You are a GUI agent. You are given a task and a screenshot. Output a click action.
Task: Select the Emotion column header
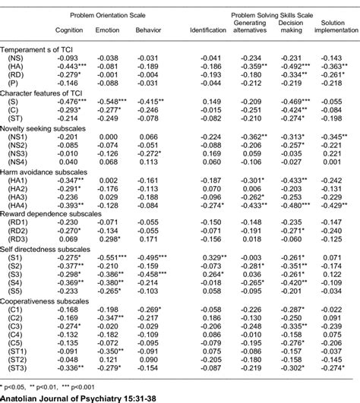tap(106, 30)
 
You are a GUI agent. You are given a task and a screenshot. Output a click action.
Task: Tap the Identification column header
tap(207, 30)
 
